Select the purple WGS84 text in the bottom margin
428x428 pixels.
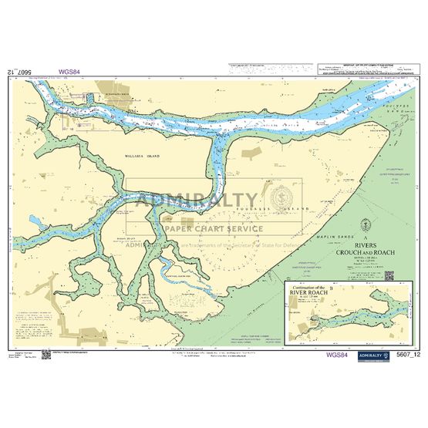pyautogui.click(x=339, y=355)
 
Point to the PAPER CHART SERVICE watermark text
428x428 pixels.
pyautogui.click(x=213, y=228)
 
